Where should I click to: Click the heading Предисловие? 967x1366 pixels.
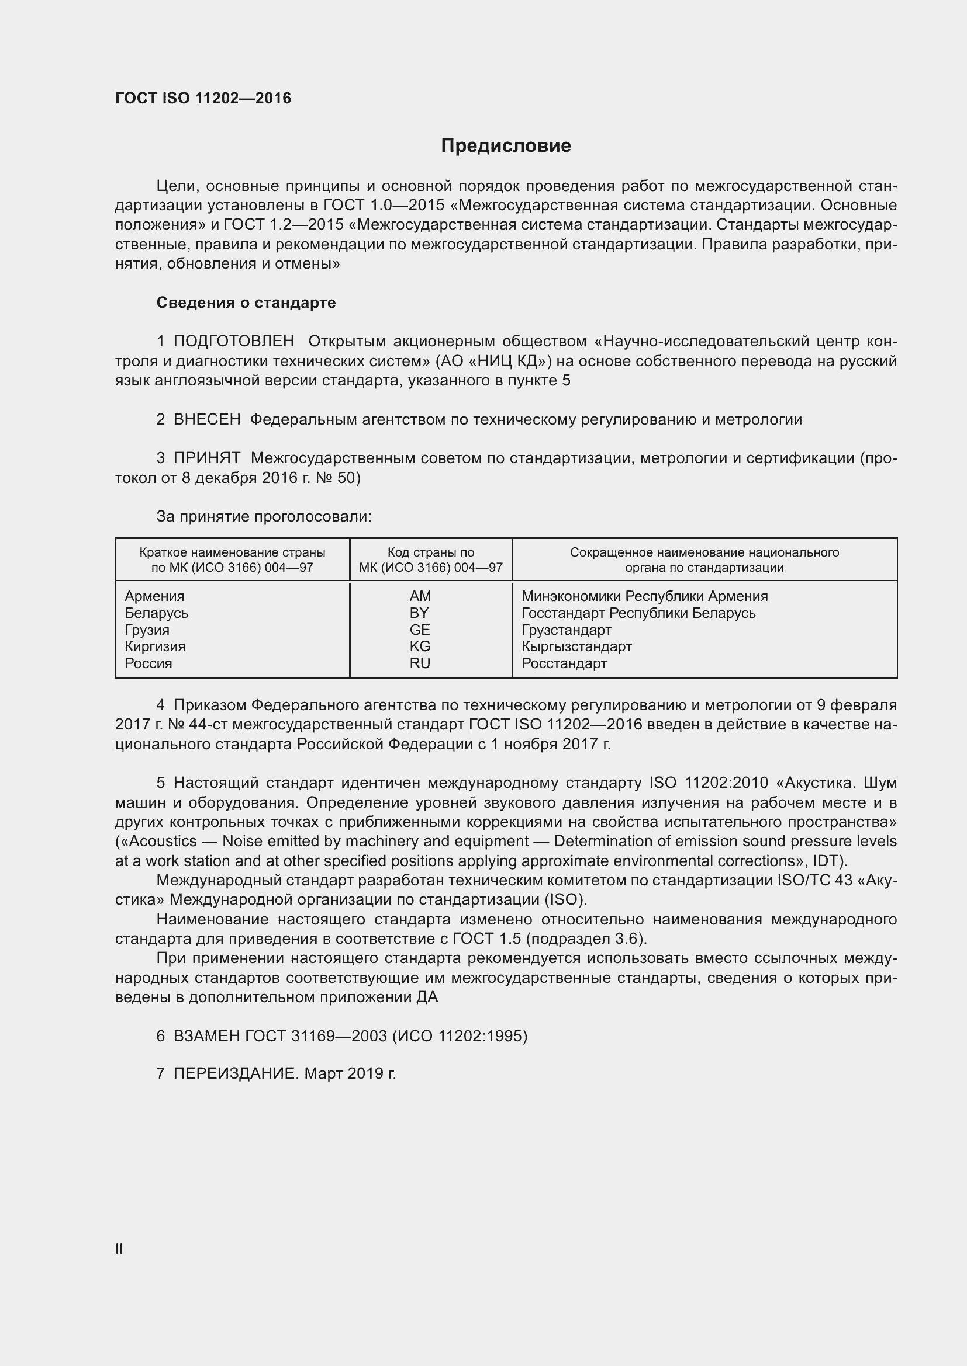click(506, 146)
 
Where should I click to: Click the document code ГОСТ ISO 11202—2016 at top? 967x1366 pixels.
click(203, 98)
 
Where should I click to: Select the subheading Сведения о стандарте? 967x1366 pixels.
click(246, 303)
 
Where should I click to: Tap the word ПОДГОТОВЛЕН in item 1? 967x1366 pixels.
click(233, 341)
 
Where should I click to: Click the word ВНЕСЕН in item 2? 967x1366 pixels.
click(206, 419)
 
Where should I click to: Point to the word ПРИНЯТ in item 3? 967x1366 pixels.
click(206, 458)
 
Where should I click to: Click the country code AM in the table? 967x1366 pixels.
click(420, 596)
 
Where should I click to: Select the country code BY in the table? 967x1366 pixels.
click(419, 613)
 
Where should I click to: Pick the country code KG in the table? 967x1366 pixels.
click(420, 646)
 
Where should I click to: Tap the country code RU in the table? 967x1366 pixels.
click(420, 663)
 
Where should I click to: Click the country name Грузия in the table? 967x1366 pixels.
click(147, 630)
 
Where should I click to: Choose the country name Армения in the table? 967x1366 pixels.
click(154, 596)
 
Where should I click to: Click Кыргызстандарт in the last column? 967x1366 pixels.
click(576, 646)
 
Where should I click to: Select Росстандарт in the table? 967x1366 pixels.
click(564, 663)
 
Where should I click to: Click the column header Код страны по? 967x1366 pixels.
click(430, 552)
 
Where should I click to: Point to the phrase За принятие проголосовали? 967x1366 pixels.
click(264, 516)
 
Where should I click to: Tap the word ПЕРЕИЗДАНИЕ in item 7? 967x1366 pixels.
click(234, 1074)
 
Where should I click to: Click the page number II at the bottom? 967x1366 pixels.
click(119, 1249)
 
